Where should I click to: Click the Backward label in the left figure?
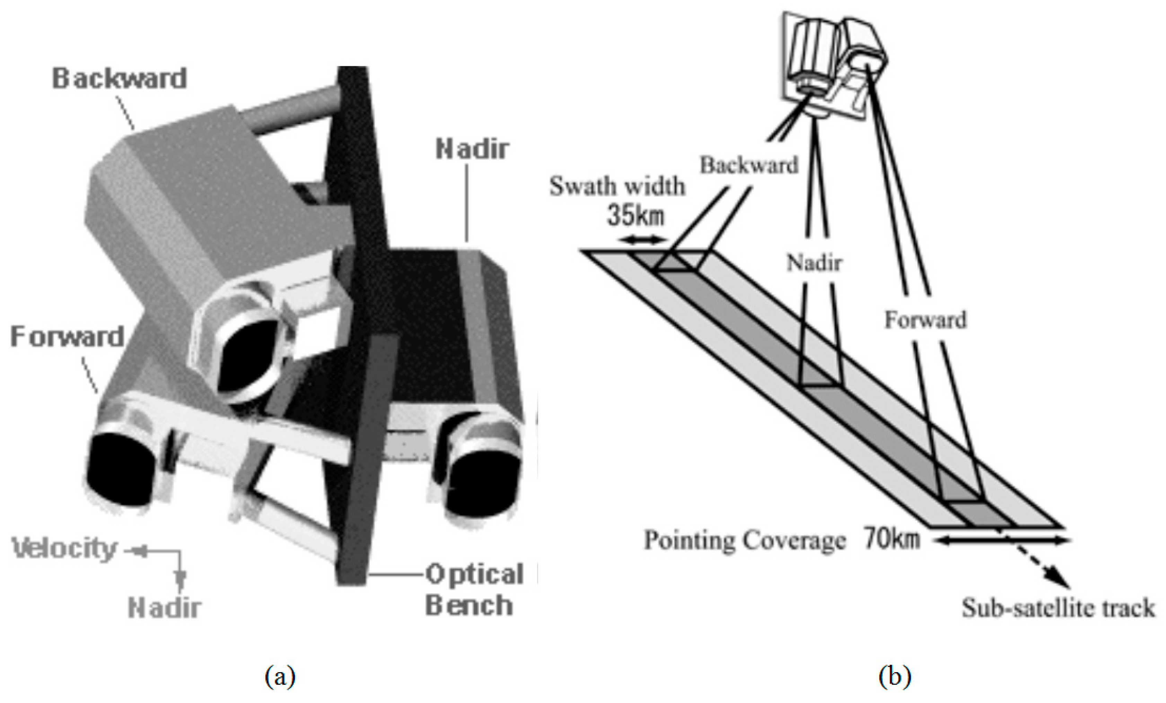coord(119,79)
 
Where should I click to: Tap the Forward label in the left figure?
coord(67,337)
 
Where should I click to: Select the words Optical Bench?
coord(473,589)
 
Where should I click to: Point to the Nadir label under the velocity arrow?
coord(164,608)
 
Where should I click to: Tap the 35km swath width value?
coord(635,216)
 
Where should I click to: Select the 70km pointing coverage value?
coord(892,539)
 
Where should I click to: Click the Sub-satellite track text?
coord(1058,607)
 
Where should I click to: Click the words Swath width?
coord(616,186)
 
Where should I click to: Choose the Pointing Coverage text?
coord(744,540)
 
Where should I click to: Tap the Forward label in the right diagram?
coord(925,320)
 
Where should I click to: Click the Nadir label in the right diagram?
coord(814,262)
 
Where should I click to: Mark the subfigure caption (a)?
coord(280,677)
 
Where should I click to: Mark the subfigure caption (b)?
coord(894,677)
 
